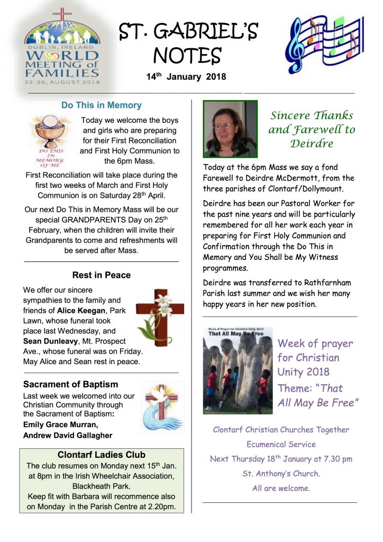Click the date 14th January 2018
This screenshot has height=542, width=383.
click(x=186, y=77)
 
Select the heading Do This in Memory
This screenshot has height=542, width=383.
click(x=102, y=105)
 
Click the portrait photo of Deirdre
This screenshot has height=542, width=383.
click(x=230, y=129)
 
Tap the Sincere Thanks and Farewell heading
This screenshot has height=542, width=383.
click(x=312, y=129)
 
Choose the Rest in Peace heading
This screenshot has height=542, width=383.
click(x=102, y=275)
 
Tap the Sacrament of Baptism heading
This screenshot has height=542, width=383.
click(x=71, y=384)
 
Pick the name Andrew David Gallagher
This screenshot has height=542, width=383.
click(x=68, y=436)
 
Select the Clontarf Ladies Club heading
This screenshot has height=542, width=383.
click(x=102, y=455)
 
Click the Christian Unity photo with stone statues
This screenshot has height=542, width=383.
click(x=238, y=371)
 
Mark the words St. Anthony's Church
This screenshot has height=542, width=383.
click(x=281, y=474)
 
